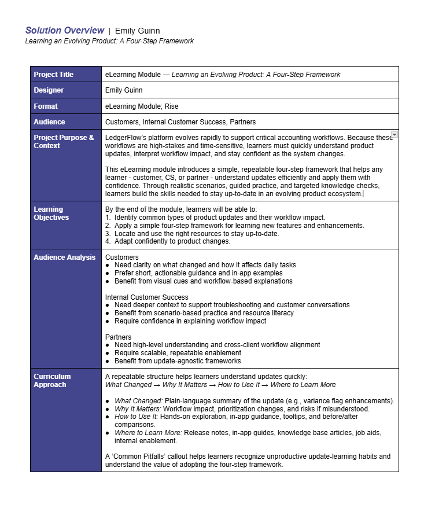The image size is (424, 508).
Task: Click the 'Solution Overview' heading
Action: click(65, 30)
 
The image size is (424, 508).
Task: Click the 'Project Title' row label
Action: click(54, 75)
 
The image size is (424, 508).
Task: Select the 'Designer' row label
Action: click(49, 90)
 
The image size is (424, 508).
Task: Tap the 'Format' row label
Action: click(46, 106)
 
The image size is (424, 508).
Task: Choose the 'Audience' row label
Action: click(49, 122)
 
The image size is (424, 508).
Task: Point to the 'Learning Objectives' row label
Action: click(51, 213)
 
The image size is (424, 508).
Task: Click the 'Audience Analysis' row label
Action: click(64, 257)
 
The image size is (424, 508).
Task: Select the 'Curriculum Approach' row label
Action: click(52, 381)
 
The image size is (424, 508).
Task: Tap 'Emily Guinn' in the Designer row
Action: click(124, 90)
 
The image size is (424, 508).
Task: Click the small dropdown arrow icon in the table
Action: click(394, 135)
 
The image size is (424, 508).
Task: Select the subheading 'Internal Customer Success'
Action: click(146, 297)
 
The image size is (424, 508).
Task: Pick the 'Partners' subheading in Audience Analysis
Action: click(118, 337)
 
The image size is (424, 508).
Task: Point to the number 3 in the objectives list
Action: click(108, 233)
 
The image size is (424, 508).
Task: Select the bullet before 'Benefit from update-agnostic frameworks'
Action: click(108, 360)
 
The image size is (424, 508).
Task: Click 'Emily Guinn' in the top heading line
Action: click(138, 31)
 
